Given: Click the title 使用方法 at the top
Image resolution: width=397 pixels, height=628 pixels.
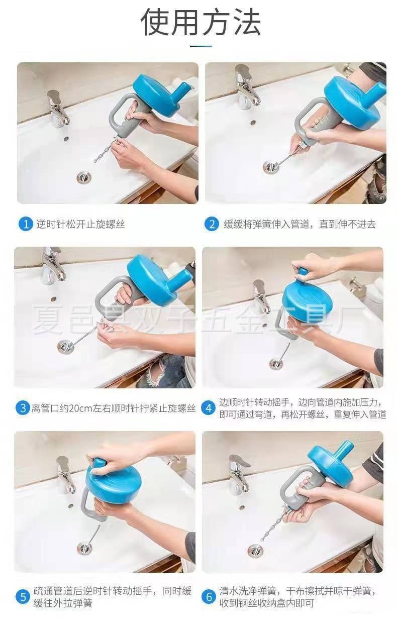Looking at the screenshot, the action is (201, 22).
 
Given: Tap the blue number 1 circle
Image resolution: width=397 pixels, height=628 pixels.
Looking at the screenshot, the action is (26, 224).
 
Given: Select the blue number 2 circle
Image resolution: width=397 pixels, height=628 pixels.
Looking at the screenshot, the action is (212, 224).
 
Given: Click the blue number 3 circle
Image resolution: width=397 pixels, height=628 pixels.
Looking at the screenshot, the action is (23, 408).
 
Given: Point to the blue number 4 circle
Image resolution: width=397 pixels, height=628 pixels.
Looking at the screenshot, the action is (209, 408).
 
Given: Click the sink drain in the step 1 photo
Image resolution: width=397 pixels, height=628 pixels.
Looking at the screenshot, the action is (84, 177).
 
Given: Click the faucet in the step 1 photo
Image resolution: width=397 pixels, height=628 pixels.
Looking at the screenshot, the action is (57, 109).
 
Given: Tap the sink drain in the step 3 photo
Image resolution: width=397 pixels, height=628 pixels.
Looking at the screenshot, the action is (66, 347).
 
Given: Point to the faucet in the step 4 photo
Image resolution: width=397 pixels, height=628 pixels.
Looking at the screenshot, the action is (261, 296).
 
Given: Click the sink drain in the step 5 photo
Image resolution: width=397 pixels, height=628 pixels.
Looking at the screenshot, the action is (84, 547).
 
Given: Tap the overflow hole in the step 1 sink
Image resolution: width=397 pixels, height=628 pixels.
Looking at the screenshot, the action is (66, 139).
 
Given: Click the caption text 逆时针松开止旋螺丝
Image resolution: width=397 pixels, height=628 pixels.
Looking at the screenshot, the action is (80, 224).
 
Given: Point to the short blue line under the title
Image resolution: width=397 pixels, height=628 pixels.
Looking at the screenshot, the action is (201, 46).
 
